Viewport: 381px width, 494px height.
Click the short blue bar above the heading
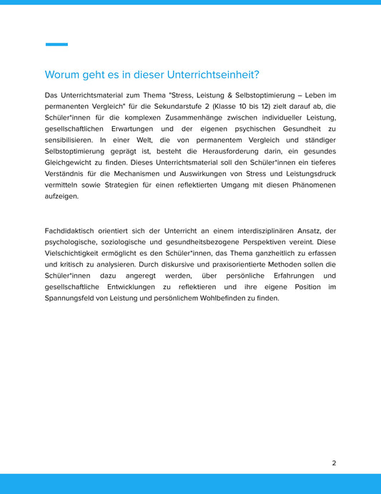pos(56,44)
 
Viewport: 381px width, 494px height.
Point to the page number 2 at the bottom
pos(334,463)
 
